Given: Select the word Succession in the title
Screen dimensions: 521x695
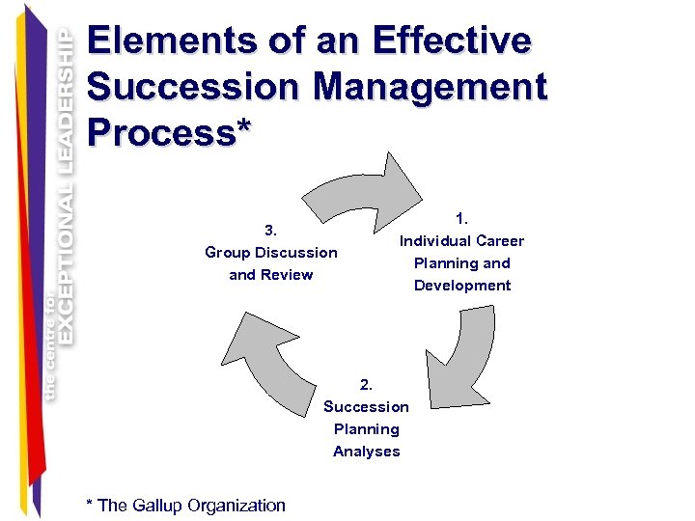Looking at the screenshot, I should (x=193, y=87).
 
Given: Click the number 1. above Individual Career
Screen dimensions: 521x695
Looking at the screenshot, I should (x=461, y=218).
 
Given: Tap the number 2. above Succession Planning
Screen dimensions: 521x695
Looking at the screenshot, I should (x=366, y=384).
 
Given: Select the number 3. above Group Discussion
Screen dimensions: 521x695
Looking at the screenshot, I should (x=271, y=230).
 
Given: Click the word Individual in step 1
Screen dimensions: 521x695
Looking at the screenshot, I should (x=434, y=240).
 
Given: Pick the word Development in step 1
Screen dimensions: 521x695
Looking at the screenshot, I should (x=462, y=285).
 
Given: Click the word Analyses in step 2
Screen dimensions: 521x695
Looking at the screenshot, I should (x=366, y=451).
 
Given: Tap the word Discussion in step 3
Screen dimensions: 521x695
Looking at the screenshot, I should (x=293, y=252).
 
